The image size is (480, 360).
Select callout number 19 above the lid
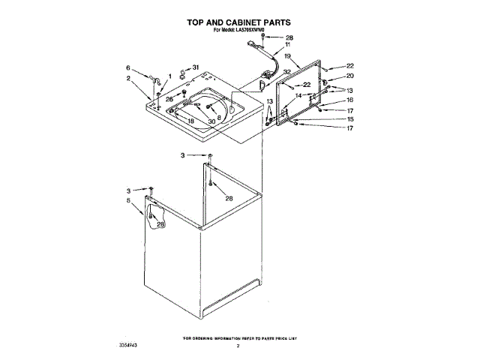pyautogui.click(x=287, y=55)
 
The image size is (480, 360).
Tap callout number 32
pyautogui.click(x=287, y=73)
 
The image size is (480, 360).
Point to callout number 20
pyautogui.click(x=349, y=76)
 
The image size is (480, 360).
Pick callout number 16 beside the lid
pyautogui.click(x=349, y=100)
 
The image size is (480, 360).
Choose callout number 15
pyautogui.click(x=349, y=119)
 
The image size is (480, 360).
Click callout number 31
pyautogui.click(x=196, y=67)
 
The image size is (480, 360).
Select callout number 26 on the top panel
pyautogui.click(x=169, y=99)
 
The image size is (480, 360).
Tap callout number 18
pyautogui.click(x=190, y=121)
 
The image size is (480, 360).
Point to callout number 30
pyautogui.click(x=212, y=121)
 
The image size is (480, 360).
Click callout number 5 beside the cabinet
pyautogui.click(x=128, y=201)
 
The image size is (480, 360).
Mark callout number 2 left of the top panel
pyautogui.click(x=128, y=78)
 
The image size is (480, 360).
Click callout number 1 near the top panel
pyautogui.click(x=170, y=76)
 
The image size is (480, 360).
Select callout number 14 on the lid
pyautogui.click(x=298, y=96)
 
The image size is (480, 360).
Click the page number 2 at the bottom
pyautogui.click(x=238, y=346)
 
